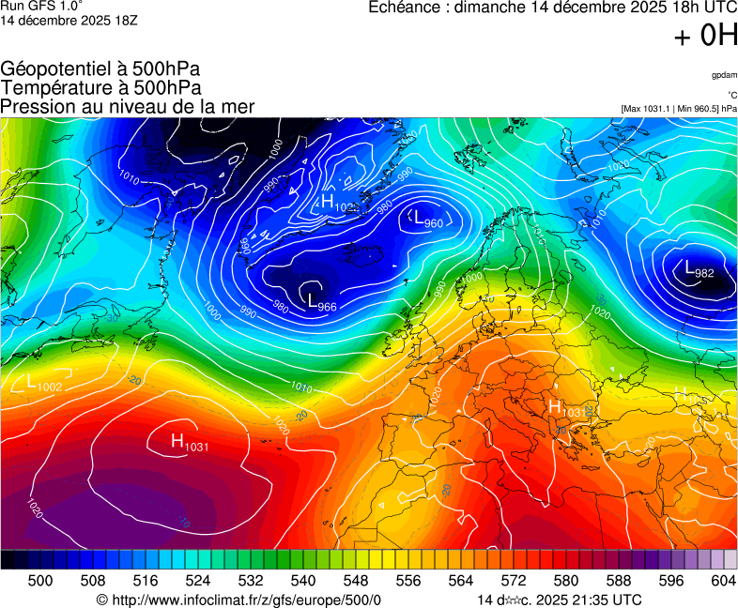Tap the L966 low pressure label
[x=321, y=302]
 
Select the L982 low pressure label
[x=699, y=270]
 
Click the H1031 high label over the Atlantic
[x=189, y=442]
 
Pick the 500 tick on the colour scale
[x=40, y=581]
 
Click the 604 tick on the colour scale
[x=722, y=581]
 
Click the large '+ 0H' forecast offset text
[x=705, y=36]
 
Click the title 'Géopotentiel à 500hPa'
[x=100, y=69]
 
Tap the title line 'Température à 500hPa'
[x=100, y=87]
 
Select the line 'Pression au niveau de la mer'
[x=128, y=106]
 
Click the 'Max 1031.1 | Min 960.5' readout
[x=679, y=109]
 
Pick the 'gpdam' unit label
[x=723, y=74]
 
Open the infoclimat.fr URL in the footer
[x=238, y=600]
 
